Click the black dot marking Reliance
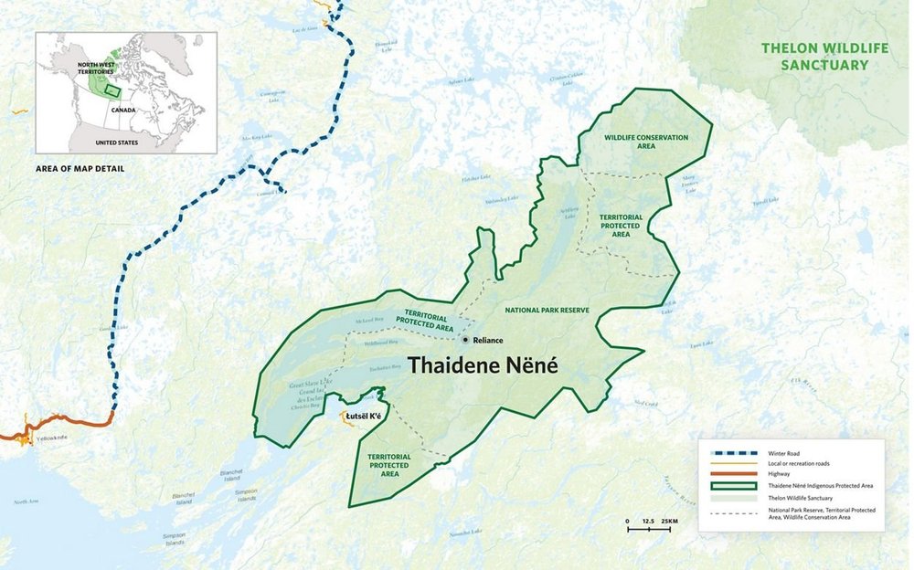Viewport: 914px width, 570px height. tap(466, 340)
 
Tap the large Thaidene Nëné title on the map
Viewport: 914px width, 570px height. tap(482, 364)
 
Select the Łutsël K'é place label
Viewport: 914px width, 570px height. tap(364, 417)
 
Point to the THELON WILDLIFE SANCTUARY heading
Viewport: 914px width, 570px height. tap(814, 56)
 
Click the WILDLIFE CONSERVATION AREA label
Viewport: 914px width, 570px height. tap(646, 142)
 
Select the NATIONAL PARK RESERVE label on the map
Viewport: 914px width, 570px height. tap(547, 311)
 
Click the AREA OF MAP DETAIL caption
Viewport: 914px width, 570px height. tap(80, 169)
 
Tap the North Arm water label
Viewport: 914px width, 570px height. tap(27, 501)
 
